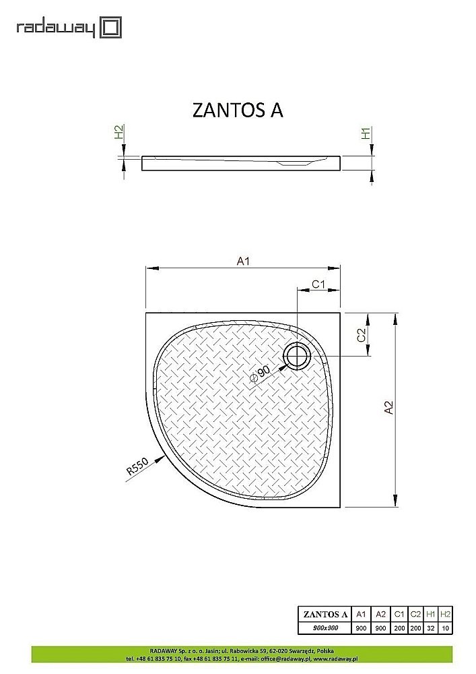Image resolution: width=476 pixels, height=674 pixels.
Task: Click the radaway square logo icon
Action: pos(111,28)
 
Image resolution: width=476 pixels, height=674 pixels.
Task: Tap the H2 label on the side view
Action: pos(119,132)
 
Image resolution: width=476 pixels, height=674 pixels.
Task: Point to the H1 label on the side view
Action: pos(367,133)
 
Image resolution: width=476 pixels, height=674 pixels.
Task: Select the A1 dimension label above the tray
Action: pos(243,262)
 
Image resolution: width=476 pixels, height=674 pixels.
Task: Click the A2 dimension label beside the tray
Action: pos(388,409)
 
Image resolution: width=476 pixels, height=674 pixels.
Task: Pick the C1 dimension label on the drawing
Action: pos(318,284)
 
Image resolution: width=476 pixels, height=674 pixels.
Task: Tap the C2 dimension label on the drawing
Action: pos(362,335)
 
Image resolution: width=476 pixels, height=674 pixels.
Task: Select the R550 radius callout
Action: pos(137,470)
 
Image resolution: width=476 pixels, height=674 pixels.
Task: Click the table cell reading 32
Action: pos(431,627)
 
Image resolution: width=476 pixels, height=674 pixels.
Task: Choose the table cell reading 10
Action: pos(445,627)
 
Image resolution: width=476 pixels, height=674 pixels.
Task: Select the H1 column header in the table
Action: pos(431,614)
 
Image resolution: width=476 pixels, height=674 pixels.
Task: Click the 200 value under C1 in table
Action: pos(399,627)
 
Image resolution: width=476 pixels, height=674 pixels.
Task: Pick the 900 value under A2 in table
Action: pos(380,627)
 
